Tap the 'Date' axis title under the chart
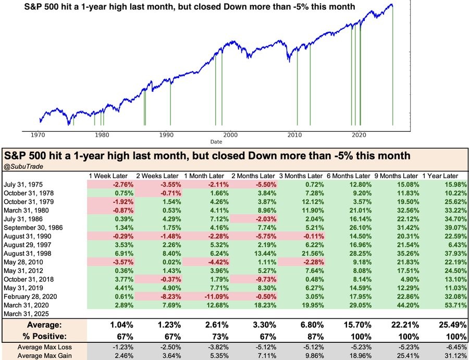[216, 141]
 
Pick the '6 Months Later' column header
[349, 176]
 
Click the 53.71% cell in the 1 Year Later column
[443, 305]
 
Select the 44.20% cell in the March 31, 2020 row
[396, 305]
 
